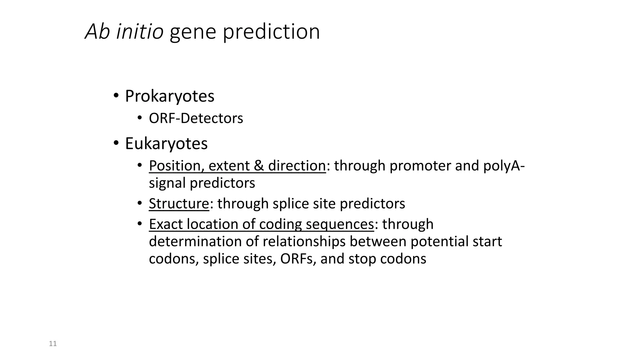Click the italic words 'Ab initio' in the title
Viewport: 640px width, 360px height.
pos(124,32)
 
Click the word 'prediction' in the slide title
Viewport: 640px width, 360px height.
pos(271,32)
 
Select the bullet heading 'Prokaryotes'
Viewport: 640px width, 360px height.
pos(169,96)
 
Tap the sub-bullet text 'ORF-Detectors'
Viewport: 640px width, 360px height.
pos(196,118)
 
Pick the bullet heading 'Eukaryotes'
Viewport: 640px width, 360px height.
pos(166,144)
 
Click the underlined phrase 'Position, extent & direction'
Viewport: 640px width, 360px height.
pos(237,166)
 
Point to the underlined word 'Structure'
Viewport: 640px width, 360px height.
pos(179,204)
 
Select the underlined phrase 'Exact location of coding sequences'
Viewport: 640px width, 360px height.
pos(261,224)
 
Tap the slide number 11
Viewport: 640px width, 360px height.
pos(53,344)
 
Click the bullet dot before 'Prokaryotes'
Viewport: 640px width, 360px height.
pos(116,95)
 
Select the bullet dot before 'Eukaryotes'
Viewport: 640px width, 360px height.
pos(116,143)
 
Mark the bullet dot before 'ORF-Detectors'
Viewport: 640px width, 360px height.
pos(139,118)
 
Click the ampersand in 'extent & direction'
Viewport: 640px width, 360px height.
pos(258,166)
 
